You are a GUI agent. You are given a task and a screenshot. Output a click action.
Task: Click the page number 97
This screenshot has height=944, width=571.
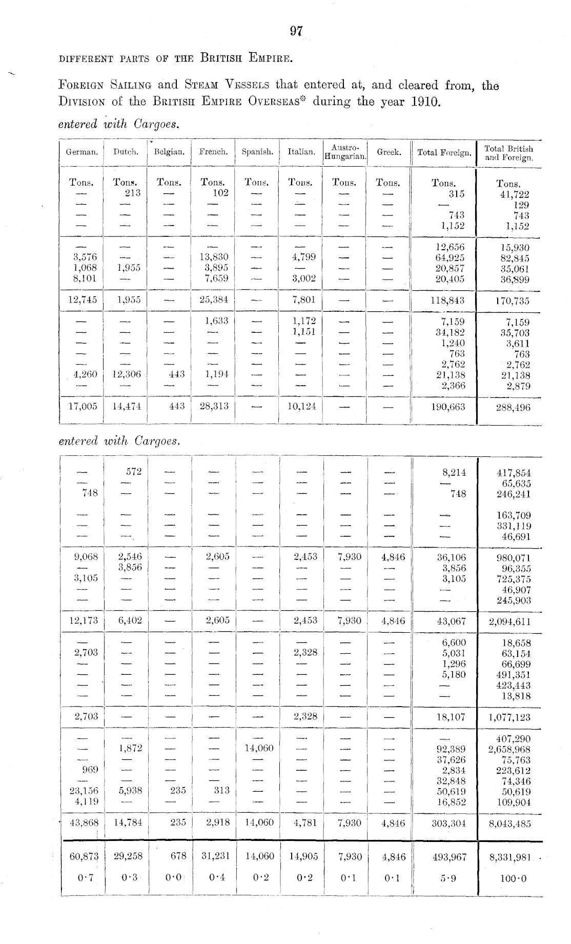pos(296,32)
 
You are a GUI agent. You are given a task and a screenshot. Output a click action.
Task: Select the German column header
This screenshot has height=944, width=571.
pos(81,152)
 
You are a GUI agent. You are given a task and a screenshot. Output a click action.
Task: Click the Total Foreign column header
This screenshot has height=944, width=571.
pos(444,152)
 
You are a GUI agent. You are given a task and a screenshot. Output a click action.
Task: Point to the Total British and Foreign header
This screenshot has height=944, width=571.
pos(509,153)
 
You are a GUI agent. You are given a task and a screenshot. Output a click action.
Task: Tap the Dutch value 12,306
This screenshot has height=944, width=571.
pos(126,375)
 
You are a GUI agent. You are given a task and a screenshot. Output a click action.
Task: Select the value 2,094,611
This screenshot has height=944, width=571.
pos(509,622)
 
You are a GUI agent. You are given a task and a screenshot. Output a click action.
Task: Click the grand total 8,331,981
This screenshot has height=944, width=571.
pos(509,856)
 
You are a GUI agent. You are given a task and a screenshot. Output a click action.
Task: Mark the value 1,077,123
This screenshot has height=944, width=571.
pos(509,717)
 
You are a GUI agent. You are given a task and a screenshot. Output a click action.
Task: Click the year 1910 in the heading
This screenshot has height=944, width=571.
pos(425,101)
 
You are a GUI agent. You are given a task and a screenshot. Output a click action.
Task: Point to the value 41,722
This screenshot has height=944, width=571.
pos(515,195)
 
